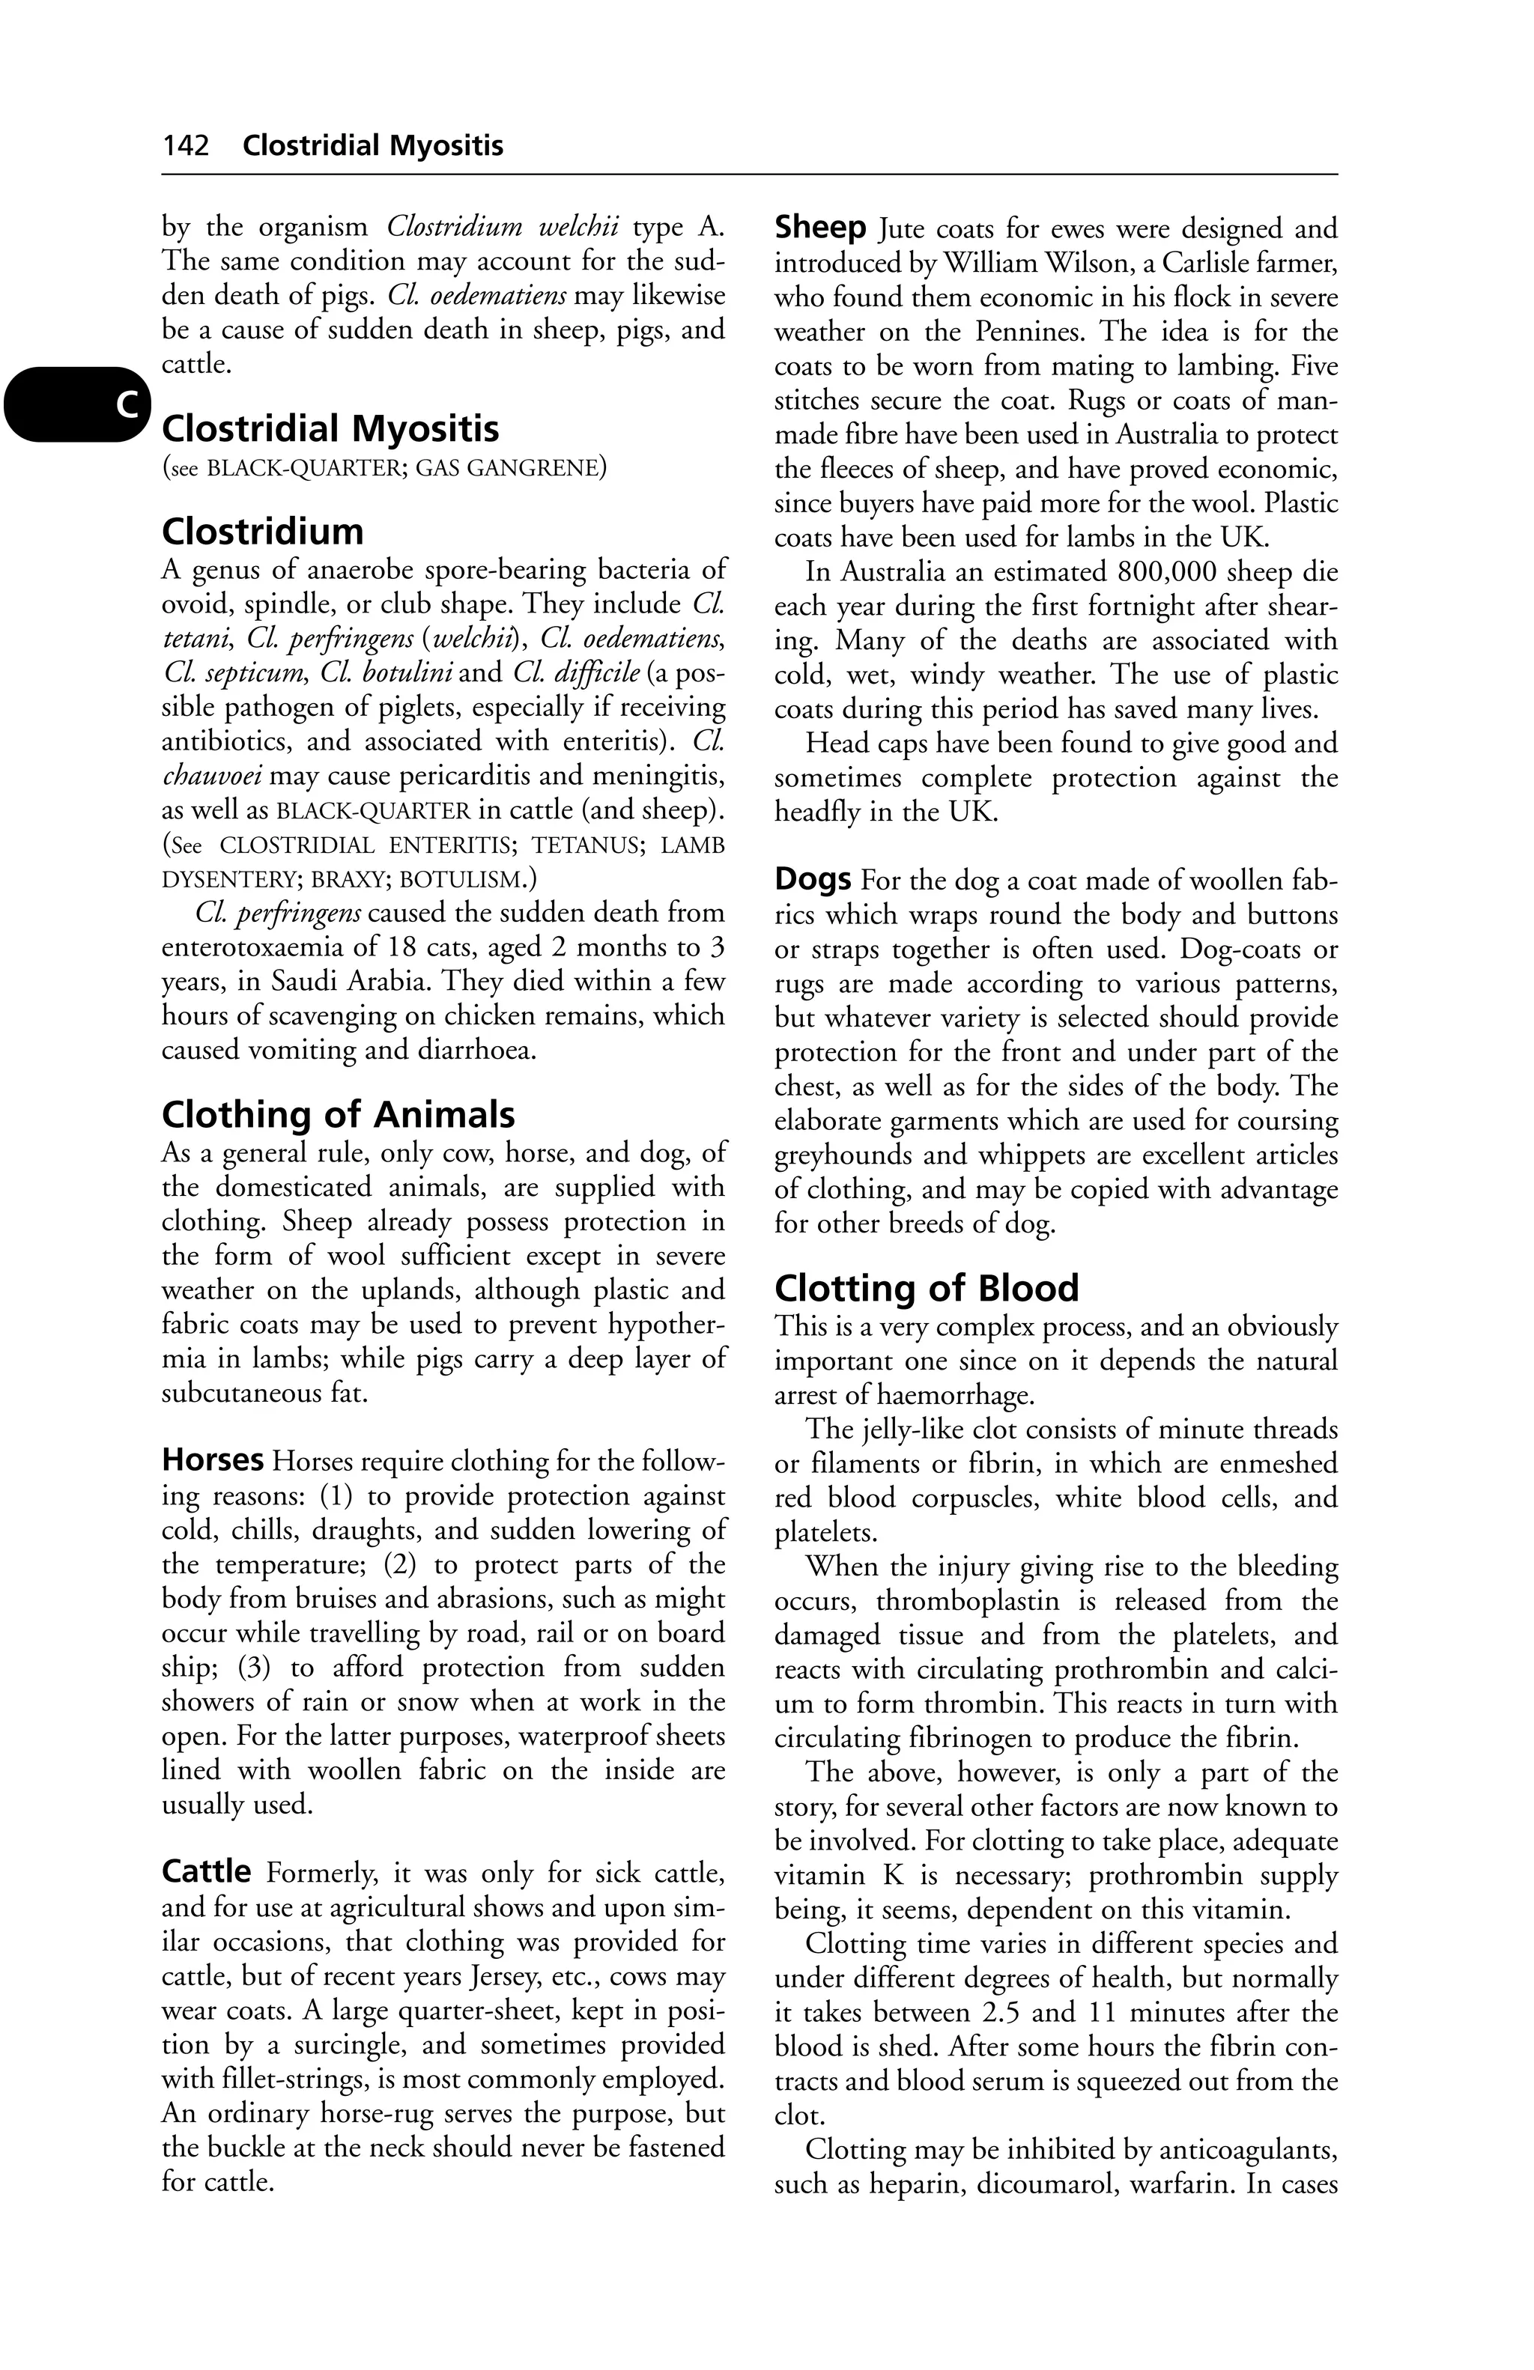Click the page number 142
point(187,146)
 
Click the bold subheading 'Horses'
point(212,1461)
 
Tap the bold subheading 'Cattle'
point(206,1872)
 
